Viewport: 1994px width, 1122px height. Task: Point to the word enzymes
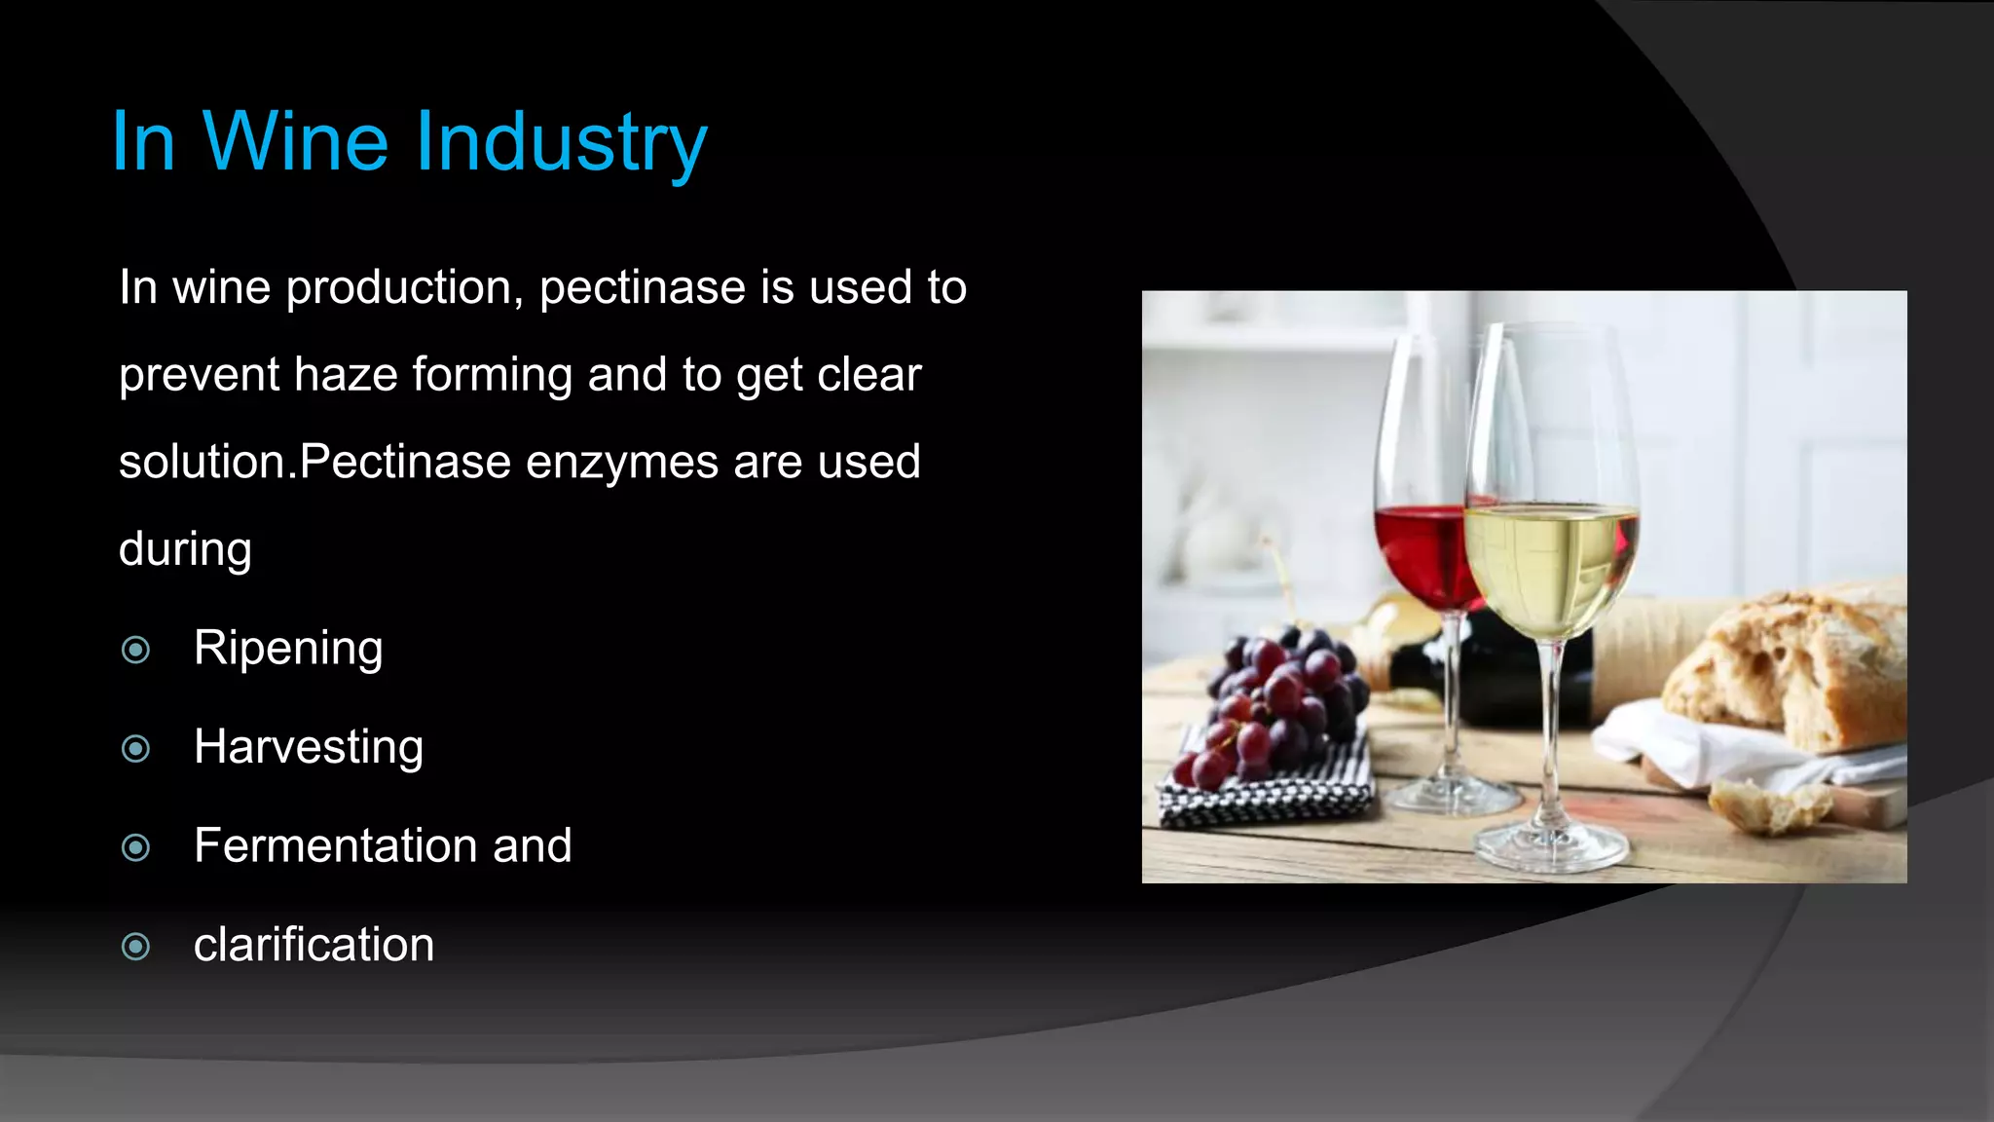(622, 463)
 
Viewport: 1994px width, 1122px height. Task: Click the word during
(185, 550)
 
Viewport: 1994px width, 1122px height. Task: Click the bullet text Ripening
(288, 649)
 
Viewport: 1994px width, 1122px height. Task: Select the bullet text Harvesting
(309, 748)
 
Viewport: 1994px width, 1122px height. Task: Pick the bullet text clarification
(314, 945)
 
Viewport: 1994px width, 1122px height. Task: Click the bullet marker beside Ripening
(136, 650)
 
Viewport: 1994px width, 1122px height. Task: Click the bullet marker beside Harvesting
(136, 749)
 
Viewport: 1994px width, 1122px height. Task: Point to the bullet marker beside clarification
(136, 946)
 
